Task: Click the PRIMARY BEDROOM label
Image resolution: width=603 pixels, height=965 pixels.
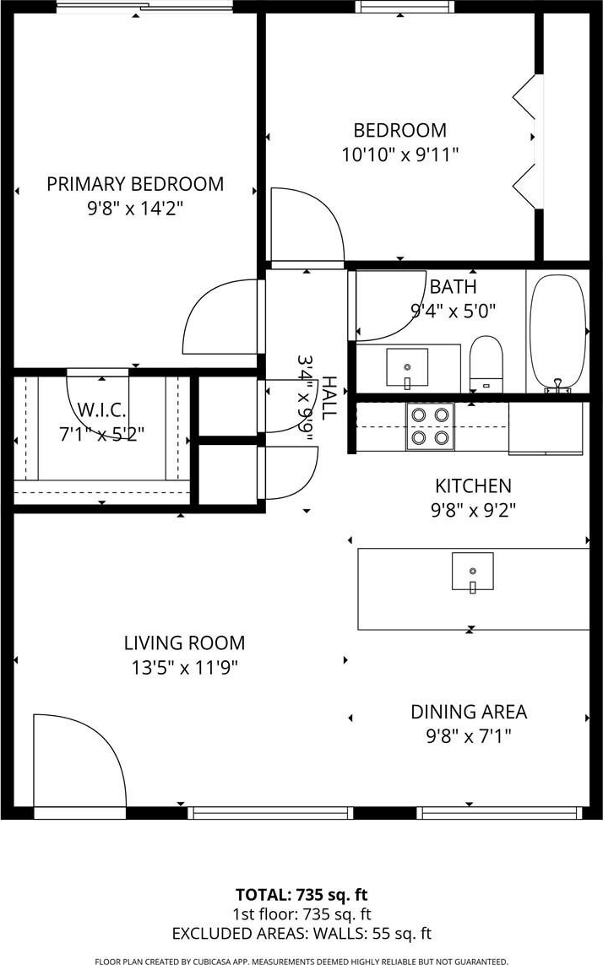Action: click(x=135, y=184)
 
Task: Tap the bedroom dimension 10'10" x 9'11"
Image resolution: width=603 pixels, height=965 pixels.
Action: click(x=400, y=154)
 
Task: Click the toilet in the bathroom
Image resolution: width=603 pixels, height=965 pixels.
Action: click(x=486, y=363)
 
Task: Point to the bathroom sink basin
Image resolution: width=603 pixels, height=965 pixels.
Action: click(x=407, y=367)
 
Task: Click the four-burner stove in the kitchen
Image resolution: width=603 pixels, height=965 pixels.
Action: click(x=430, y=426)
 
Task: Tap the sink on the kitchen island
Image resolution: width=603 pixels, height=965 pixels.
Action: click(x=472, y=572)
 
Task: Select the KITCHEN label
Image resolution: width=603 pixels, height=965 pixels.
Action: click(x=473, y=486)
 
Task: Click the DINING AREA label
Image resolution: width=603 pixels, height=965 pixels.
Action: click(x=469, y=712)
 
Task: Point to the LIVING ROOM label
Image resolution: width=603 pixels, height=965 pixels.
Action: click(x=185, y=643)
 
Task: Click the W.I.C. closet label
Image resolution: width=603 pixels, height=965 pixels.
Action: click(x=101, y=409)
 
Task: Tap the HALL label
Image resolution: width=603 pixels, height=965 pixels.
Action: click(x=329, y=398)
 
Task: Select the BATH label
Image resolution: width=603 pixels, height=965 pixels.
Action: click(x=454, y=287)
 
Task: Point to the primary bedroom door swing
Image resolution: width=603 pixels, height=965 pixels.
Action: click(x=204, y=301)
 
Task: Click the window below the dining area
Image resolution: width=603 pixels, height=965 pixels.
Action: click(x=499, y=813)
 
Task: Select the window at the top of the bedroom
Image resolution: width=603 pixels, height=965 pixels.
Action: click(x=405, y=7)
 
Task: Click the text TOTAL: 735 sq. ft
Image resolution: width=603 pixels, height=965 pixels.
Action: click(x=301, y=895)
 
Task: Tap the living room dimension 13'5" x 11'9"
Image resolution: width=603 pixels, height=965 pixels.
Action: click(x=185, y=667)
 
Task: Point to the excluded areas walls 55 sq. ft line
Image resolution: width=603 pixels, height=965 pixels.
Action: click(x=301, y=934)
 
